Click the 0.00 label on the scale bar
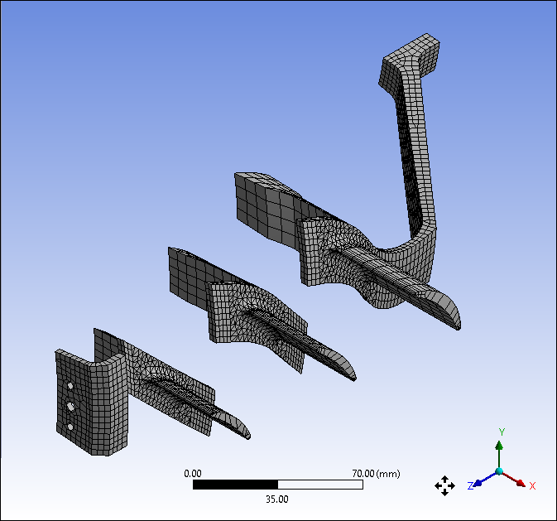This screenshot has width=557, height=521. [x=193, y=473]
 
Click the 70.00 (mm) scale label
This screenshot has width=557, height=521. [x=376, y=473]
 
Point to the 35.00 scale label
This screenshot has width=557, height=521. [x=277, y=499]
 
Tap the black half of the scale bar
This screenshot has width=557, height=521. [x=235, y=485]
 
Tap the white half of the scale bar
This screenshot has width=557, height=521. [x=320, y=485]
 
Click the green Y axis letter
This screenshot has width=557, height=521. [x=502, y=432]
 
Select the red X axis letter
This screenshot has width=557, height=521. [x=532, y=485]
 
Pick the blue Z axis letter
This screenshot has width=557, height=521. [x=470, y=485]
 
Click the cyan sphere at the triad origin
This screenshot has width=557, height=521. [x=499, y=471]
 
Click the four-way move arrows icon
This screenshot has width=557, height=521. [x=444, y=485]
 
